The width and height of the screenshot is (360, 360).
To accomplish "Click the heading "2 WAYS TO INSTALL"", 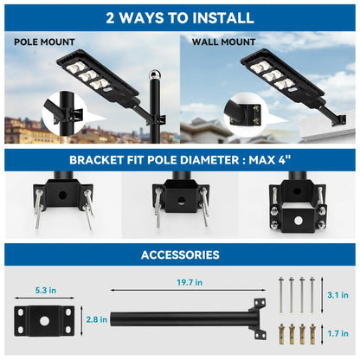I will point(180,17).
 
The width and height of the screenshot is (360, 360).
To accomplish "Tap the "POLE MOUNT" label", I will point(44,42).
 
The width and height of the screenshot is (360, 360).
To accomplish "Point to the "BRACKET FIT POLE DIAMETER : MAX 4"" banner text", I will point(180,158).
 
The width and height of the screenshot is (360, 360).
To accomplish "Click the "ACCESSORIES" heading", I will point(180,255).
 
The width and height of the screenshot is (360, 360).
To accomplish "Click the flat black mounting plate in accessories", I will point(43,319).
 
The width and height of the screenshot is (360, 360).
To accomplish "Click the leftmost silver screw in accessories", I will point(283,293).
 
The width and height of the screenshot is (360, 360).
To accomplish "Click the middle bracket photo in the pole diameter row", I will point(180,203).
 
